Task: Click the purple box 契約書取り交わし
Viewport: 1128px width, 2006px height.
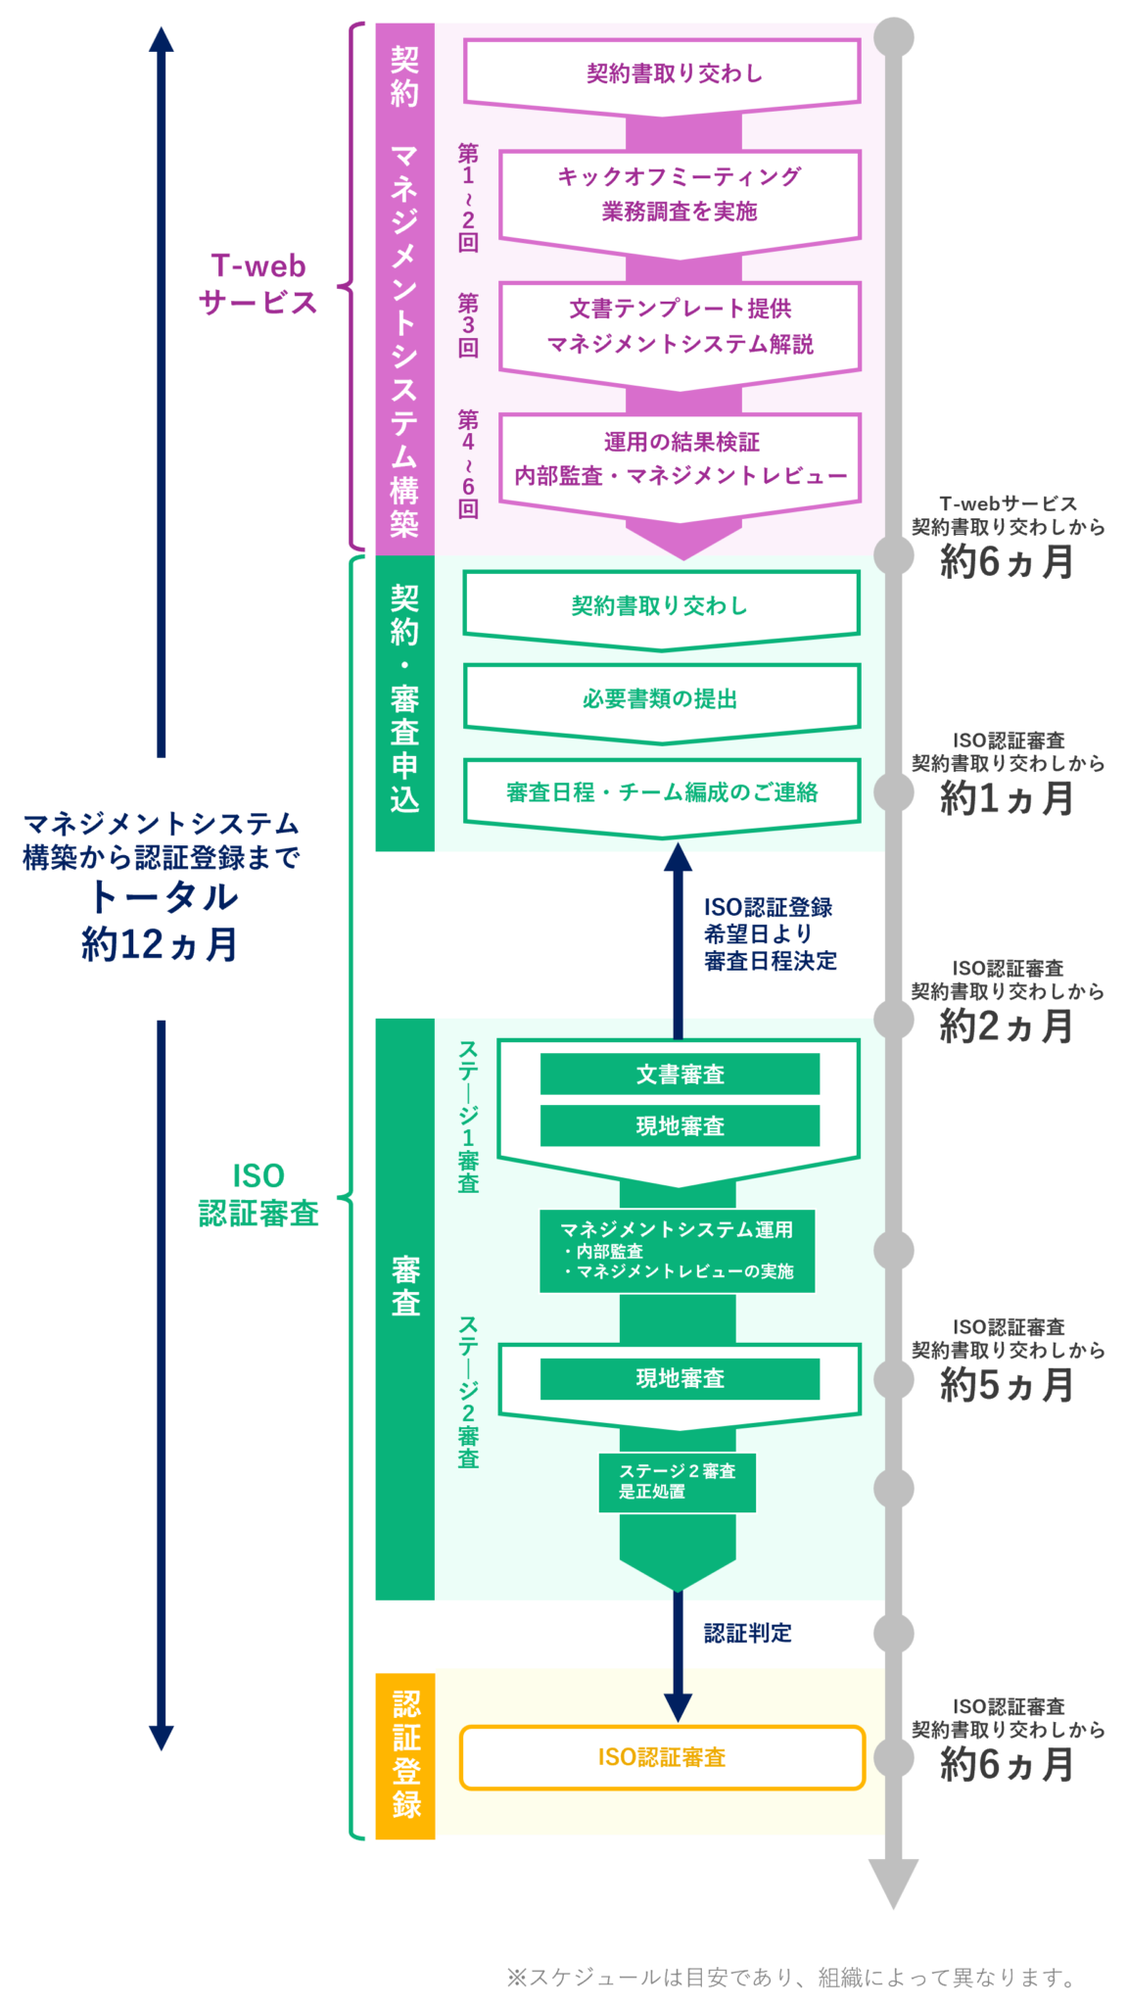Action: click(x=662, y=73)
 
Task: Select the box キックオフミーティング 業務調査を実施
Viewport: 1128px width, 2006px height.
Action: click(x=680, y=194)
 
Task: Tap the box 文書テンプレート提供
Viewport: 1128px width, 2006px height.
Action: click(x=680, y=326)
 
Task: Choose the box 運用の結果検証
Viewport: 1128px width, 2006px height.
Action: click(x=680, y=458)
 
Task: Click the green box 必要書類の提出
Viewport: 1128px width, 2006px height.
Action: click(x=662, y=698)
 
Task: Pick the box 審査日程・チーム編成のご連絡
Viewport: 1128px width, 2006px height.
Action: click(x=662, y=791)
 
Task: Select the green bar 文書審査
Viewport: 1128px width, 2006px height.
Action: click(x=680, y=1074)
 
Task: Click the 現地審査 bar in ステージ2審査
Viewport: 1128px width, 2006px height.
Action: click(x=680, y=1378)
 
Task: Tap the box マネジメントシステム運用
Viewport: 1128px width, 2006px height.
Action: click(x=677, y=1250)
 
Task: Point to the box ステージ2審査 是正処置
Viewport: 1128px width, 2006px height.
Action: click(x=677, y=1481)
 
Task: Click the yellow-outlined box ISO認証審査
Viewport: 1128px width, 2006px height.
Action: click(x=662, y=1757)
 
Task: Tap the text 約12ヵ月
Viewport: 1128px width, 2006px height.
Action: click(x=161, y=944)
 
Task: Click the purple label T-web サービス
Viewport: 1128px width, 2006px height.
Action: click(x=258, y=284)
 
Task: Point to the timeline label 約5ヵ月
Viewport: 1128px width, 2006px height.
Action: click(x=1007, y=1384)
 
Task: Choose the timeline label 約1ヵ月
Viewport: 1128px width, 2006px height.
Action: click(x=1007, y=797)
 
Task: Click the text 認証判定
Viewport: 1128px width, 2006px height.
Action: click(x=747, y=1633)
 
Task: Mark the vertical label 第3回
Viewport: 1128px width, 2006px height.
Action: click(x=468, y=325)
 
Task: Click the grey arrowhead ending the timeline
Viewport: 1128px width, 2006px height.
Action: click(x=893, y=1881)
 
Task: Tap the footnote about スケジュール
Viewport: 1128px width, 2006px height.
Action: click(x=791, y=1978)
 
